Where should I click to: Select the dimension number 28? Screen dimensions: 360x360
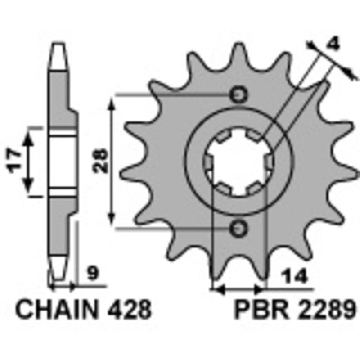[x=103, y=161]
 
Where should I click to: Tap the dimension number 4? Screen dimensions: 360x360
[x=333, y=44]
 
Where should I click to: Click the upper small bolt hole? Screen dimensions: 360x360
[x=238, y=95]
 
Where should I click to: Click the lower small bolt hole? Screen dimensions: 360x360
[x=238, y=228]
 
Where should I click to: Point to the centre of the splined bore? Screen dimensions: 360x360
[x=238, y=162]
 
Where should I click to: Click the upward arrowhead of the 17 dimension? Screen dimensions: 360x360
[x=29, y=138]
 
